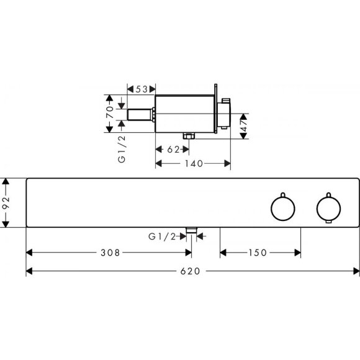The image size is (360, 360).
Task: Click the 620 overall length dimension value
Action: (x=190, y=271)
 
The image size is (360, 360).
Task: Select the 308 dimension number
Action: (x=110, y=253)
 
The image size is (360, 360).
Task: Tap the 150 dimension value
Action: (x=258, y=253)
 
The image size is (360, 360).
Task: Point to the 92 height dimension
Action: (x=6, y=203)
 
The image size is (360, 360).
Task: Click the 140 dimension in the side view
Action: (x=194, y=164)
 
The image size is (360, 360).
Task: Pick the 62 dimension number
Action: (x=173, y=150)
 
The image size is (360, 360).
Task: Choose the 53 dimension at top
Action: (x=142, y=89)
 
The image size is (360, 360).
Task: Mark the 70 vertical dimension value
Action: (x=110, y=112)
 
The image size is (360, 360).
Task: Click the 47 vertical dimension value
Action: (x=244, y=125)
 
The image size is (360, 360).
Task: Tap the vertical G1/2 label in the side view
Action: (x=122, y=149)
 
